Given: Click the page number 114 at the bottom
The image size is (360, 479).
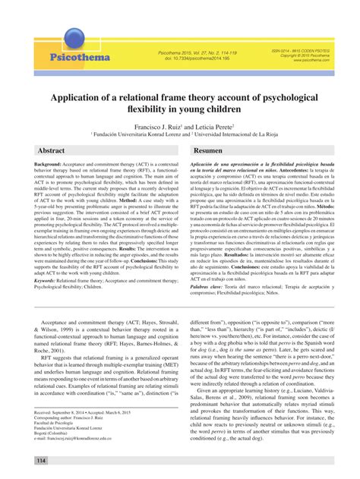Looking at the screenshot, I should pyautogui.click(x=40, y=461).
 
